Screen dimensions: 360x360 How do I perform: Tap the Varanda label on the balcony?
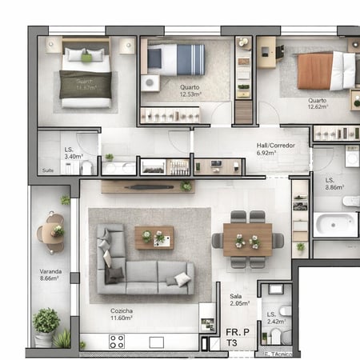(x=50, y=271)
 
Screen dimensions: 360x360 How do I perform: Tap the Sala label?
(x=235, y=295)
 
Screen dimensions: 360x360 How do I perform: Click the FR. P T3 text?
(x=237, y=336)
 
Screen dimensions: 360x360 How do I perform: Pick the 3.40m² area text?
(x=73, y=157)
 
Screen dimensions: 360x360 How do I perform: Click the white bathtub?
(x=335, y=224)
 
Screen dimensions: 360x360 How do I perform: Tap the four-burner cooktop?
(x=117, y=342)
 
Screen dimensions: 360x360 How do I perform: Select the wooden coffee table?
(x=154, y=238)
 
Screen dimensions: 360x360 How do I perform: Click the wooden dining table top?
(x=247, y=239)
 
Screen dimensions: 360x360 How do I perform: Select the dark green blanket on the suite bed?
(x=85, y=84)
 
